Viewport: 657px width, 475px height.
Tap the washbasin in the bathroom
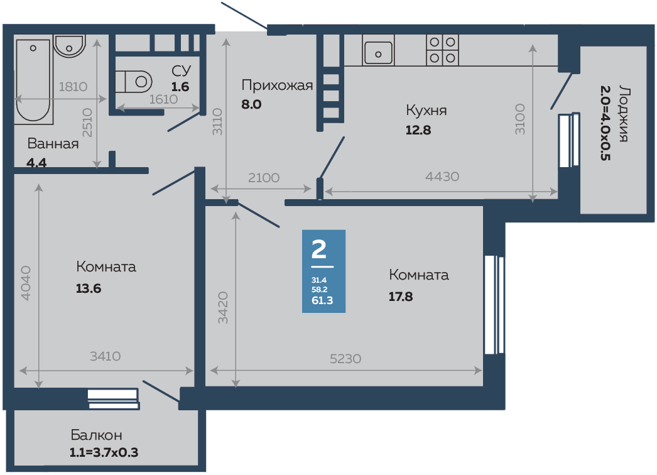(68, 46)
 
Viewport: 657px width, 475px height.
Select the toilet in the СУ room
(136, 81)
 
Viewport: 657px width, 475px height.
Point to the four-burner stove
(442, 50)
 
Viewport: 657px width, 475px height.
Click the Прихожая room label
(277, 85)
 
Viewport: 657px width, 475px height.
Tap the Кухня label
(426, 111)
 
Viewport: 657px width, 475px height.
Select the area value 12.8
(419, 131)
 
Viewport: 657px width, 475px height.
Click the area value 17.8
(401, 297)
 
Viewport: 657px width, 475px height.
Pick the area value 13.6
(89, 289)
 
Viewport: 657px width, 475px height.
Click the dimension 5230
(345, 358)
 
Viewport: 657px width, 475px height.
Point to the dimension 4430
(442, 177)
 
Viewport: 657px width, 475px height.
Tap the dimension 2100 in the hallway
(263, 178)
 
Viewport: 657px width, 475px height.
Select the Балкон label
(96, 435)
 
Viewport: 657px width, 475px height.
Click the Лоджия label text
(622, 113)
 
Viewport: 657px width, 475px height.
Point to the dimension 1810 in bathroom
(72, 87)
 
